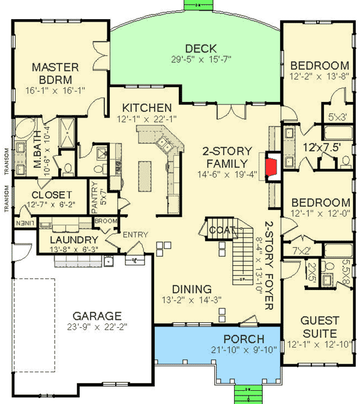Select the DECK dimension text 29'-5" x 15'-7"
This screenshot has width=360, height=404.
tap(200, 59)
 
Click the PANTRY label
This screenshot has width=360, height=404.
tap(94, 199)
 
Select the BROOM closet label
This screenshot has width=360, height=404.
tap(105, 222)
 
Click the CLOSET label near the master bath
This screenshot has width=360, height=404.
tap(52, 195)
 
